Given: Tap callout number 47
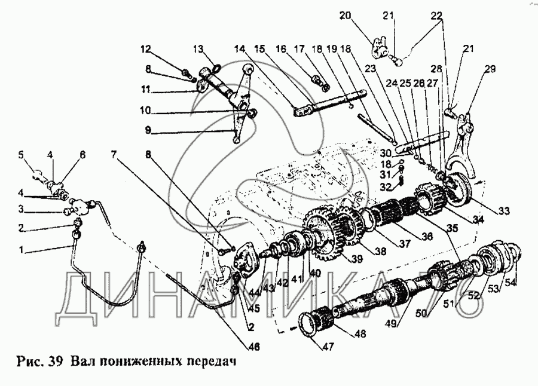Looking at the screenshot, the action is point(328,347).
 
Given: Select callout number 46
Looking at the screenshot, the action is point(253,347).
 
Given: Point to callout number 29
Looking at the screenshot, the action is point(490,69).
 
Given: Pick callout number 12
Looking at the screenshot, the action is point(145,50).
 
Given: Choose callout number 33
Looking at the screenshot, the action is point(505,210).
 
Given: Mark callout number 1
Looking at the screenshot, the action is point(21,250).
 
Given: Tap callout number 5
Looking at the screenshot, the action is point(21,155).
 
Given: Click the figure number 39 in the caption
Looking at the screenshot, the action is point(56,362).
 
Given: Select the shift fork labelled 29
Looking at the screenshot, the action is point(461,144).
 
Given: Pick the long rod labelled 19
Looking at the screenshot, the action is point(376,127).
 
